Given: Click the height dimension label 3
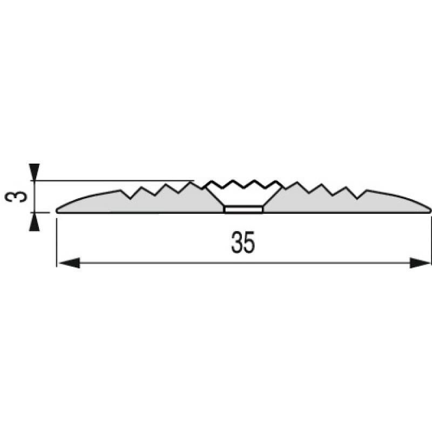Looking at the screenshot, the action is pyautogui.click(x=16, y=197).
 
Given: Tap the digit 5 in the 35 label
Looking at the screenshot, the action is pyautogui.click(x=249, y=242).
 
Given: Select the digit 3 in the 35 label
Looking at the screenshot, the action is pyautogui.click(x=237, y=242).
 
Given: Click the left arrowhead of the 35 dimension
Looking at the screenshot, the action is pyautogui.click(x=70, y=262).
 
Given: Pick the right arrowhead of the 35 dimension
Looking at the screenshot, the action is pyautogui.click(x=420, y=262).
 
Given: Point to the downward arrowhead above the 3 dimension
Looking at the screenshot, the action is pyautogui.click(x=34, y=172).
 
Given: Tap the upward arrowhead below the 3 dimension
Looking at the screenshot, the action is pyautogui.click(x=34, y=222).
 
